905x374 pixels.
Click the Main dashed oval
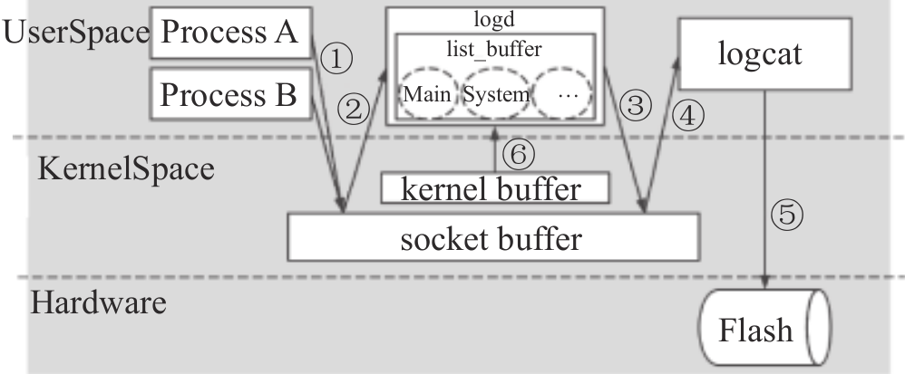point(427,94)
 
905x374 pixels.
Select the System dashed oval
point(495,94)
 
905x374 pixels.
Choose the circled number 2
point(355,110)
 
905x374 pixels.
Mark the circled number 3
point(636,106)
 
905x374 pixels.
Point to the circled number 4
point(689,115)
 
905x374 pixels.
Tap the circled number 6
point(518,155)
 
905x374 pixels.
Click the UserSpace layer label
point(76,33)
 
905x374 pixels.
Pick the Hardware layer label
point(98,302)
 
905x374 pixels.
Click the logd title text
point(495,20)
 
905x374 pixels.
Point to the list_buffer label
point(495,45)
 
